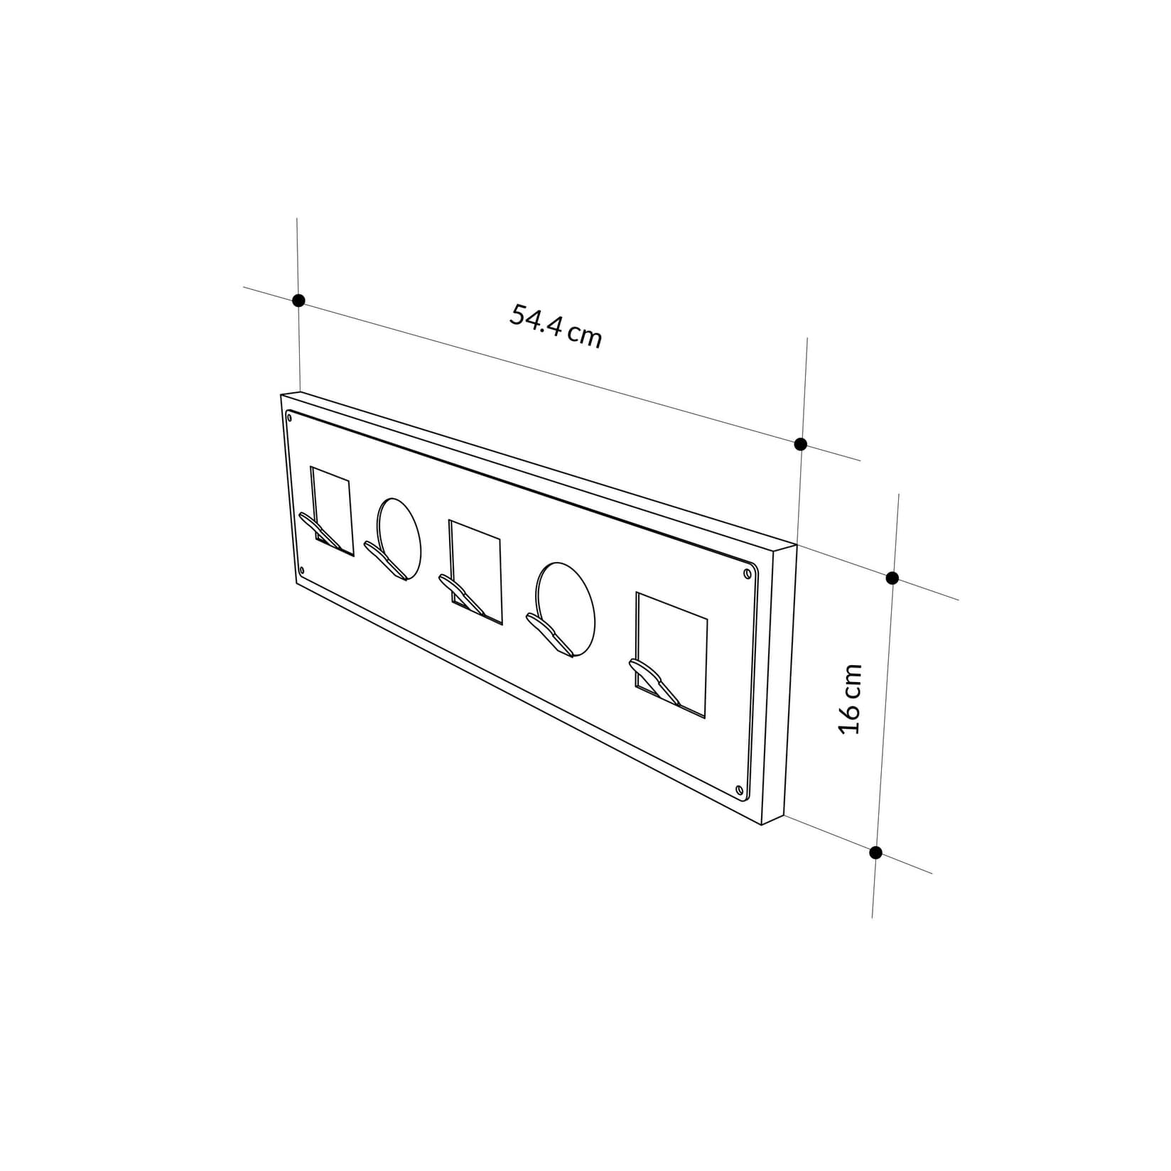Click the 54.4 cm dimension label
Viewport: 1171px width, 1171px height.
point(556,326)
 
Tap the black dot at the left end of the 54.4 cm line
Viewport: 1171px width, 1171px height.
point(299,301)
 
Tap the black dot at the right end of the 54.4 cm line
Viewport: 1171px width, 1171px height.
point(800,444)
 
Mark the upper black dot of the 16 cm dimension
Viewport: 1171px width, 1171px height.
point(892,578)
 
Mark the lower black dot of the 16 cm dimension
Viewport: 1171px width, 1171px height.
point(875,853)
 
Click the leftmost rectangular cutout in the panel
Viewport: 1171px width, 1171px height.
point(333,506)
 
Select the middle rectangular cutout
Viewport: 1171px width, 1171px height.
point(475,568)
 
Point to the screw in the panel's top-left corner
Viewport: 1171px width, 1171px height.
point(289,418)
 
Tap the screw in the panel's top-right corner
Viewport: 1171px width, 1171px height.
point(747,573)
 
